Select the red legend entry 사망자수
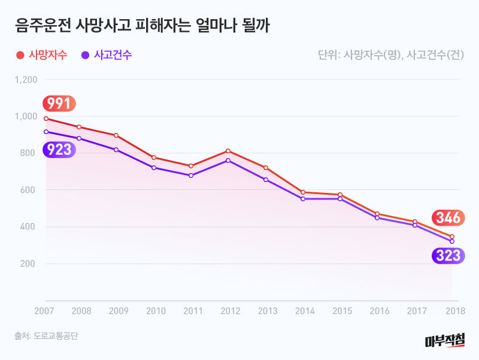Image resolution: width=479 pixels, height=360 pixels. [41, 55]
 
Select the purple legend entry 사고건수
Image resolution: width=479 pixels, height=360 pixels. [107, 55]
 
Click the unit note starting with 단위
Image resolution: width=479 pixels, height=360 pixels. [391, 55]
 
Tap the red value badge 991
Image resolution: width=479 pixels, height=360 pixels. [59, 104]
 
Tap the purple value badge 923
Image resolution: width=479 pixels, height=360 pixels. [59, 150]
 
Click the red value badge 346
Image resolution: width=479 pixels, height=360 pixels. [447, 217]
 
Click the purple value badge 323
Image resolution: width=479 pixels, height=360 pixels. [447, 256]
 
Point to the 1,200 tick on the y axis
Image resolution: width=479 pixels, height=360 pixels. [26, 80]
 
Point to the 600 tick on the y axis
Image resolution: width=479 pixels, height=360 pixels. [30, 190]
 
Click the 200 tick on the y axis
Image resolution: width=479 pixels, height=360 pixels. [30, 264]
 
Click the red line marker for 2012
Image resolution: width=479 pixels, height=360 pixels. [228, 151]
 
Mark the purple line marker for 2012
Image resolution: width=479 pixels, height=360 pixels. [228, 161]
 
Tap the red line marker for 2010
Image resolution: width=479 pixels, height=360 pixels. [154, 158]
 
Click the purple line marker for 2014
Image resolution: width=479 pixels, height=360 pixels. [303, 198]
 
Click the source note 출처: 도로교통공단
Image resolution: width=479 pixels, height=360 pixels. [47, 336]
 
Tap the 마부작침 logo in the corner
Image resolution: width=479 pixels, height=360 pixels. [444, 341]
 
